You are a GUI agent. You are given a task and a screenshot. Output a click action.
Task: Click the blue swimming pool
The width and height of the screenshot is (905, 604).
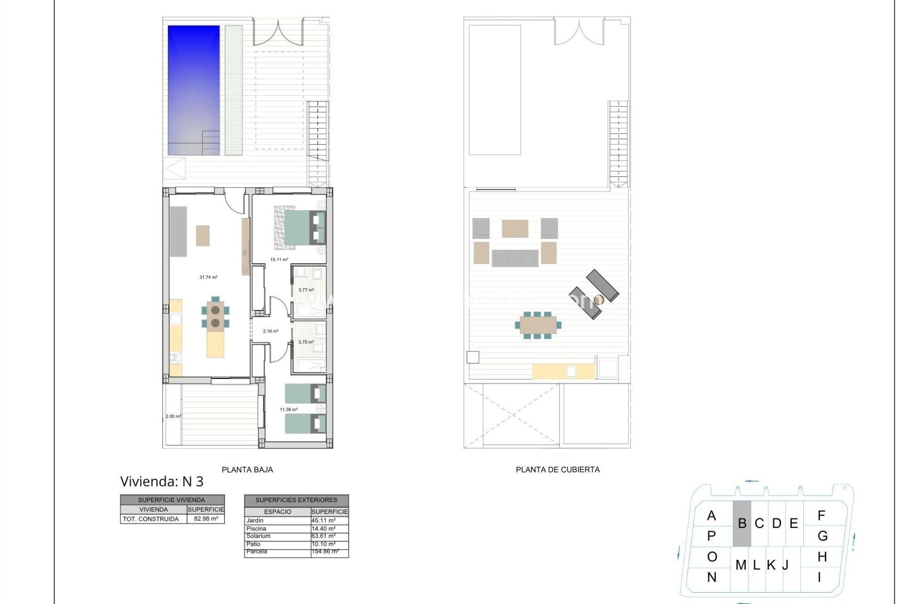[194, 90]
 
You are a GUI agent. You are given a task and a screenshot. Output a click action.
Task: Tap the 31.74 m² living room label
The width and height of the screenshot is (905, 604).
[208, 277]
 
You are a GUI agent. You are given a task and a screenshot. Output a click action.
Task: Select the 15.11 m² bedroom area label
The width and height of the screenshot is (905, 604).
[279, 260]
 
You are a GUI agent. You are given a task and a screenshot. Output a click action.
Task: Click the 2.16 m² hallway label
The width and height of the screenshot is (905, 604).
[271, 331]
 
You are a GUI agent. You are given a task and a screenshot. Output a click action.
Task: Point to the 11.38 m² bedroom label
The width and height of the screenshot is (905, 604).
[288, 410]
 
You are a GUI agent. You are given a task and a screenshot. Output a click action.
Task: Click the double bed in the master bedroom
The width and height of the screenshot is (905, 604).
[299, 228]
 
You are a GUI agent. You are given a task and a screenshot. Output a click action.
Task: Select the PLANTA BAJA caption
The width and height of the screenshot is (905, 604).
[247, 470]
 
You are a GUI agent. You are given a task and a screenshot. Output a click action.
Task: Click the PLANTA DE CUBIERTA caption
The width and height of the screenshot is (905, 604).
[558, 470]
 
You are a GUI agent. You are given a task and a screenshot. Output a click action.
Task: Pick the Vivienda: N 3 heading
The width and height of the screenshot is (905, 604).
[162, 481]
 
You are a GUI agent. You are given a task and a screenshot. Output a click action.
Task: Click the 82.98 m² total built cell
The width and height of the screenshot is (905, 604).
[206, 519]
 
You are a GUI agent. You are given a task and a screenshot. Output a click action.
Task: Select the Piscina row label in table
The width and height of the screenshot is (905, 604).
[256, 528]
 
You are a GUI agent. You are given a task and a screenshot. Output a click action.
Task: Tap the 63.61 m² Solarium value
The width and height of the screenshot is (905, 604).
[323, 536]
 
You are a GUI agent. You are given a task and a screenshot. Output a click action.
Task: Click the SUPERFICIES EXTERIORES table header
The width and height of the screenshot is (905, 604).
[296, 500]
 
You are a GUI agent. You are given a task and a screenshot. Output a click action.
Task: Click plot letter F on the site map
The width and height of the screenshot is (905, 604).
[822, 516]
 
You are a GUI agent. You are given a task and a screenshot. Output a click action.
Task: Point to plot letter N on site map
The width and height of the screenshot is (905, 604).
[712, 577]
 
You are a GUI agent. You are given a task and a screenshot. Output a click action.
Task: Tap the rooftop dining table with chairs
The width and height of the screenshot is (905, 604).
[538, 325]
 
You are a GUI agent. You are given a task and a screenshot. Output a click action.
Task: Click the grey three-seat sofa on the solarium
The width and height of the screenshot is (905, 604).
[515, 258]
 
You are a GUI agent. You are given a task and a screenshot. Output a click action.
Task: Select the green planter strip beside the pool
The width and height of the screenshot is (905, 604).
[233, 90]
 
